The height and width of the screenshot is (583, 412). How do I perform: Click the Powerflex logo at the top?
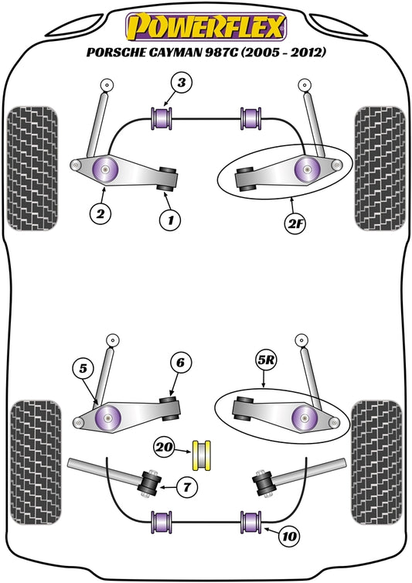click(x=205, y=28)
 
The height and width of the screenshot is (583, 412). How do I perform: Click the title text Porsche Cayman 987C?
click(x=206, y=54)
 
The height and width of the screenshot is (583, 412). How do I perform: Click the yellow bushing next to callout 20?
click(x=205, y=453)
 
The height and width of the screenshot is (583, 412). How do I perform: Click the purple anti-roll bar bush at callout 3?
click(x=165, y=119)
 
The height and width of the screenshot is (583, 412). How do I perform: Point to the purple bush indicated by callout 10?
click(x=250, y=521)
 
